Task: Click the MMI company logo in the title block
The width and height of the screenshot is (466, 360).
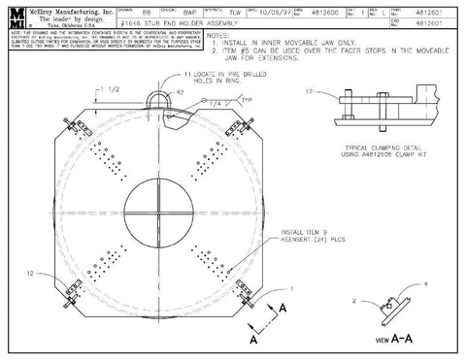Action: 17,16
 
